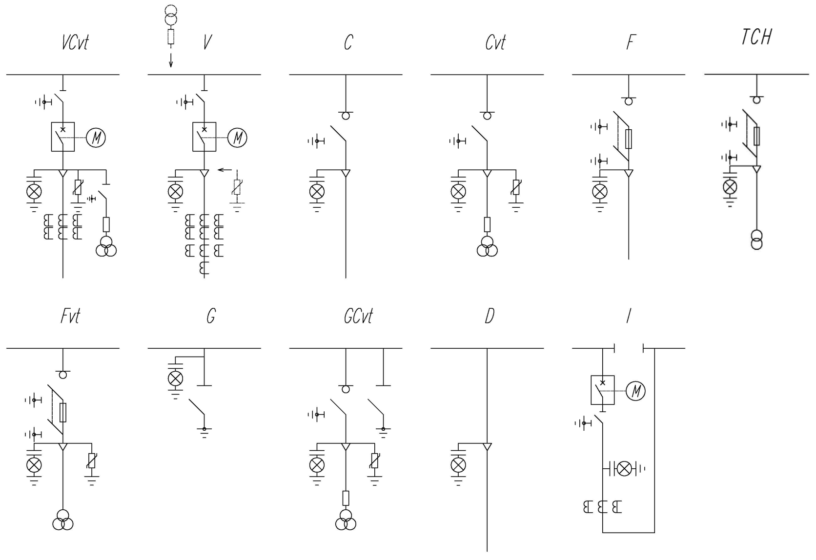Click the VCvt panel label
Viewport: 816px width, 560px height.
[75, 42]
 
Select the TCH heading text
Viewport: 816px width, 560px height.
[756, 37]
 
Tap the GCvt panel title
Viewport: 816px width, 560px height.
[358, 316]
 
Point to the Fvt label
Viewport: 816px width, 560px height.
[70, 316]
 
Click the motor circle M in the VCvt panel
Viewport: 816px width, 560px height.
[96, 138]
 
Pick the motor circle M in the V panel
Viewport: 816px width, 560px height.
[237, 138]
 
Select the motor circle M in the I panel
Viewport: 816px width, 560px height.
[636, 391]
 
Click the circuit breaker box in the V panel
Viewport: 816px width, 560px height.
[204, 137]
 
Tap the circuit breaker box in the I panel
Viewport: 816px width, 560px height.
[603, 390]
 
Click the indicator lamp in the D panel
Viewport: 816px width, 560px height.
[458, 465]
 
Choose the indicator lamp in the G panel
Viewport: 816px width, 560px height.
[175, 379]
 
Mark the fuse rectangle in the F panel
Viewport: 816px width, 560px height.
[629, 139]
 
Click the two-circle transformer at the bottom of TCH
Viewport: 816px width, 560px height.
[756, 240]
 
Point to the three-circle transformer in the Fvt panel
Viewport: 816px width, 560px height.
[63, 520]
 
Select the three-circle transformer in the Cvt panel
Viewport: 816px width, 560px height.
[487, 246]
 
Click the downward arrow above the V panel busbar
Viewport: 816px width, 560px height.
[171, 60]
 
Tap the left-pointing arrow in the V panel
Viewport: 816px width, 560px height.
[224, 170]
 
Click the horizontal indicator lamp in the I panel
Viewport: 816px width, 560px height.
[624, 469]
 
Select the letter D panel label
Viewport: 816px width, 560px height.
[490, 316]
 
